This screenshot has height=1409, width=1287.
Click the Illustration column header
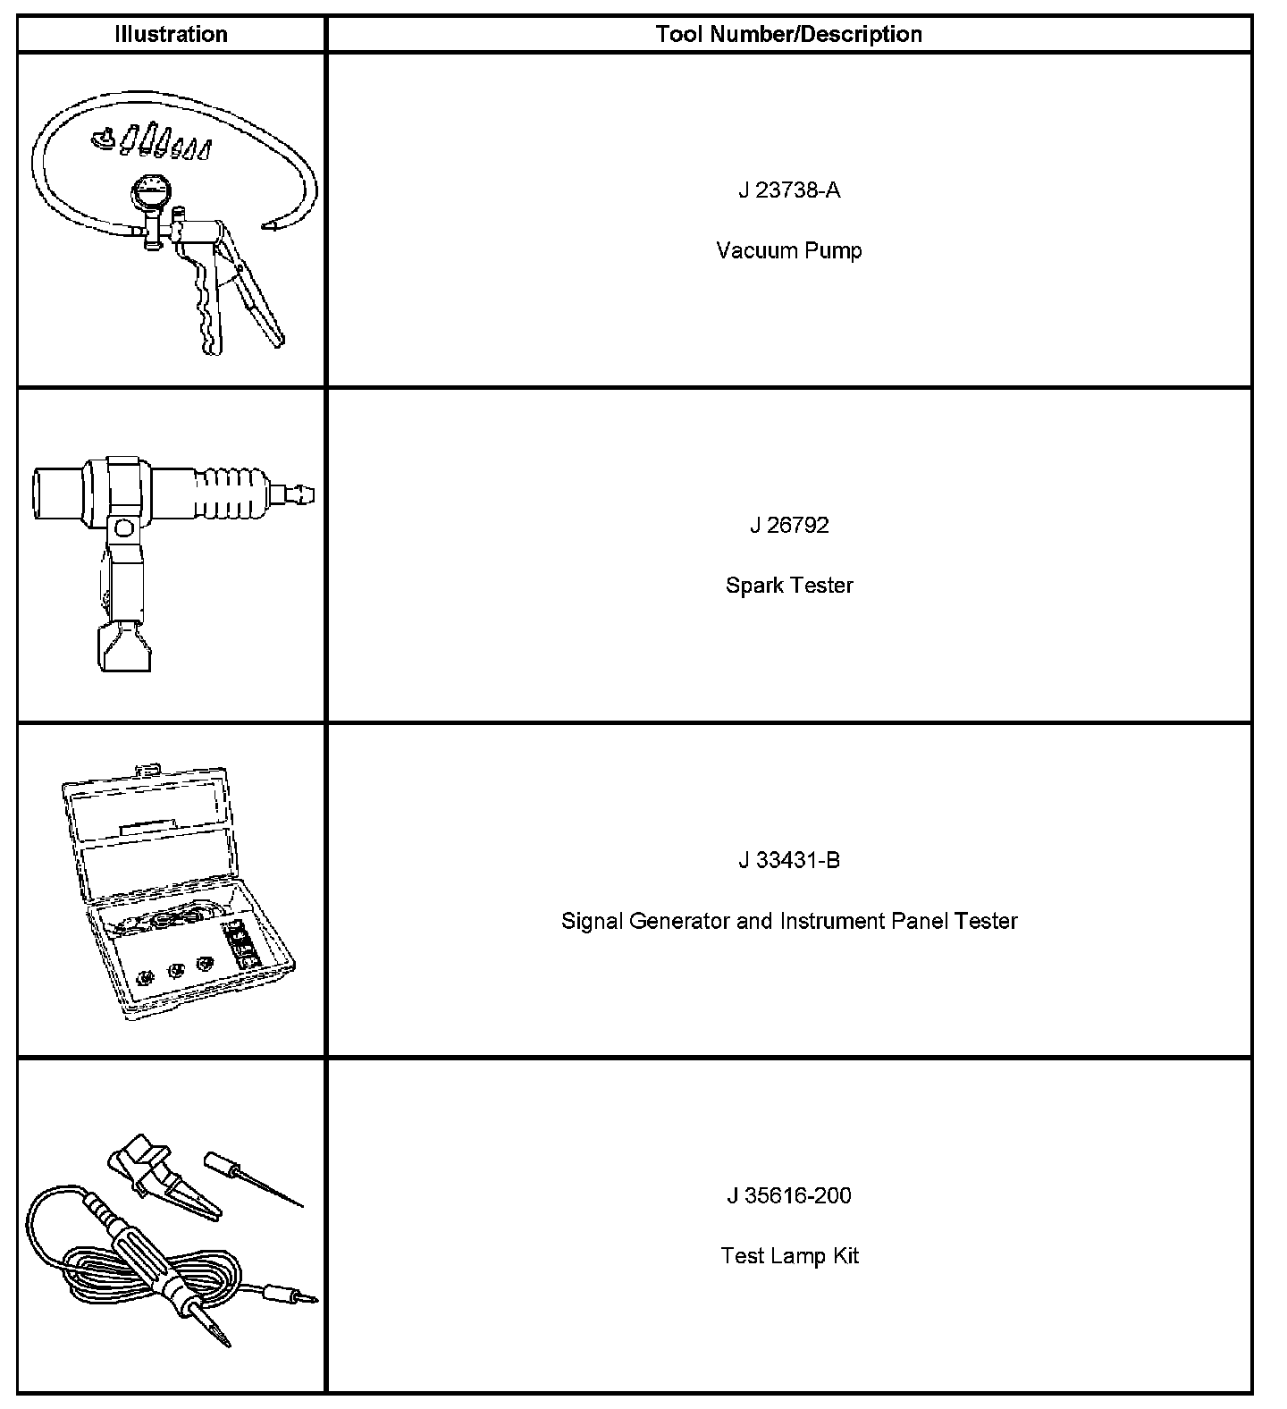point(171,34)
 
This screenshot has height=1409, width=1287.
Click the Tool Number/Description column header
point(788,34)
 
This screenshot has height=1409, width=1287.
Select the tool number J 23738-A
point(789,190)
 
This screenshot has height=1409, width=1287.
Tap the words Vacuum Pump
point(789,250)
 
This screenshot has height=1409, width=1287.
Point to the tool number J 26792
point(789,525)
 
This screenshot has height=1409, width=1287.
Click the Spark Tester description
point(789,586)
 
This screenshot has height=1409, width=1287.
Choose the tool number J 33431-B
point(789,860)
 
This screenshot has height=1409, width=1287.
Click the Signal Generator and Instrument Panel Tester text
point(789,921)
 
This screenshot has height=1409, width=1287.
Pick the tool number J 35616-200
point(789,1195)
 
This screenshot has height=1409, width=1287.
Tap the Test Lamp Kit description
point(789,1256)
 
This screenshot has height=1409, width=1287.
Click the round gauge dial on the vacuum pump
point(149,193)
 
